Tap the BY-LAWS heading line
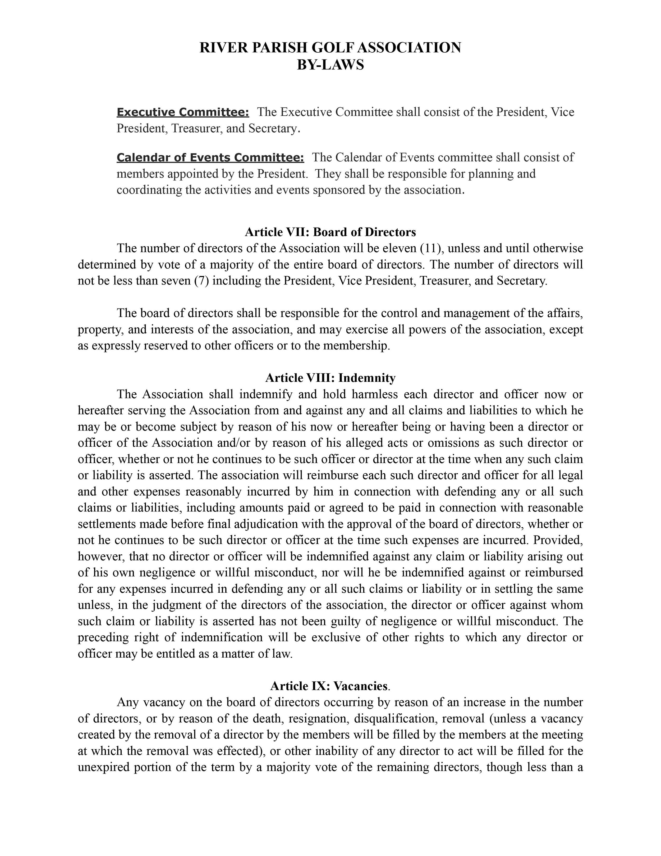click(330, 65)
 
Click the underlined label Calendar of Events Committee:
click(210, 157)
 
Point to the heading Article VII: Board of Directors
click(330, 232)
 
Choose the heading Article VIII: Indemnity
click(330, 378)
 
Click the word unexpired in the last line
click(103, 767)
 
